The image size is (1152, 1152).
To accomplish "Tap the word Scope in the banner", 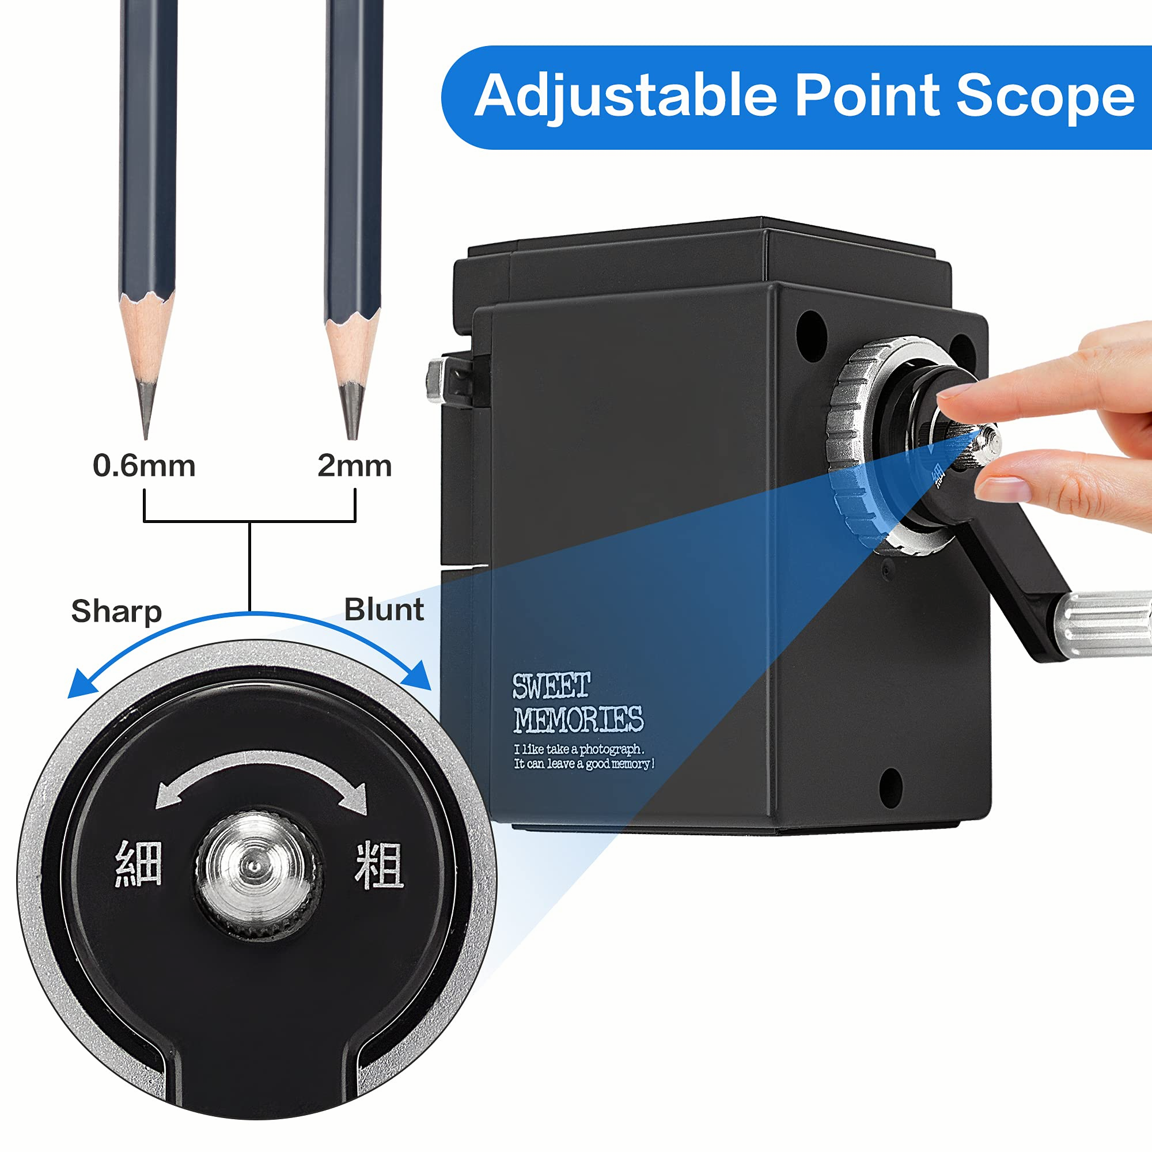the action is coord(1045,96).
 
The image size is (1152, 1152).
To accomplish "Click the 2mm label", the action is coord(354,465).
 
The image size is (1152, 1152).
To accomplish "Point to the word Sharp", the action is coord(116,611).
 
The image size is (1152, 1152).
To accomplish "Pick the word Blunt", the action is coord(384,609).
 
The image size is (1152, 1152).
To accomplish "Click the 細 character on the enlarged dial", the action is coord(138,863).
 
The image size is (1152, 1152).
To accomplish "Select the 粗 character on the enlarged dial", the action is coord(379,865).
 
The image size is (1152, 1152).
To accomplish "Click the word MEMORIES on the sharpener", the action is coord(579,719).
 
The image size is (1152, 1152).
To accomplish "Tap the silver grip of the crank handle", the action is coord(1103,624).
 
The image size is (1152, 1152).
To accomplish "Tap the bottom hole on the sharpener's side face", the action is coord(890,789).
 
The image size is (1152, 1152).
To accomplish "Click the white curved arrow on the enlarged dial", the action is coord(260,764).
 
